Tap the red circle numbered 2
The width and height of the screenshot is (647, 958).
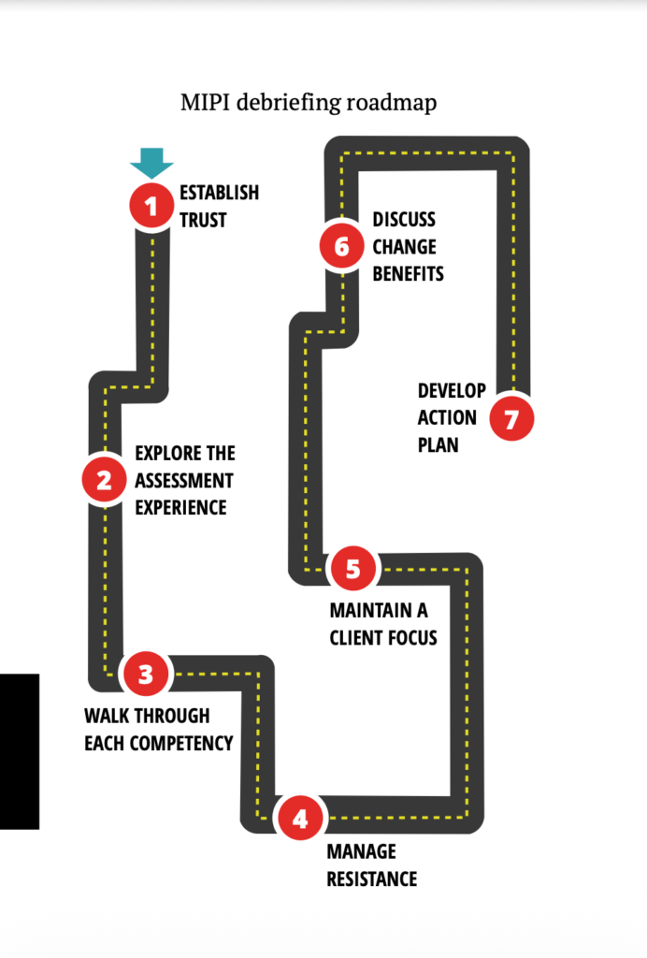104,480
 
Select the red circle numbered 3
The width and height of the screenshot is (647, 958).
145,674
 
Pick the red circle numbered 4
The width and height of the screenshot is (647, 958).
299,819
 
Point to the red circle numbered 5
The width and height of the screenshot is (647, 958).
352,569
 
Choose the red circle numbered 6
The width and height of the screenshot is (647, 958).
341,246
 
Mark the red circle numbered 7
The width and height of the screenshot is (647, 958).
510,418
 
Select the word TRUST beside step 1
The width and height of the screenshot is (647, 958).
203,221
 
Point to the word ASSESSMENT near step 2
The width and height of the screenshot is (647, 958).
184,481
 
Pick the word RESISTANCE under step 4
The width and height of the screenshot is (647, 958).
371,879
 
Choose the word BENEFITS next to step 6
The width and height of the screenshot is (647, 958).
408,274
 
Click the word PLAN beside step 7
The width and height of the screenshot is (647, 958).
439,444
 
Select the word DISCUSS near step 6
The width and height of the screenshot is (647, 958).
404,220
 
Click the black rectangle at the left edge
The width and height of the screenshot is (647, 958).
19,750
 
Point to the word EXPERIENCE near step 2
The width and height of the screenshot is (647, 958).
181,508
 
